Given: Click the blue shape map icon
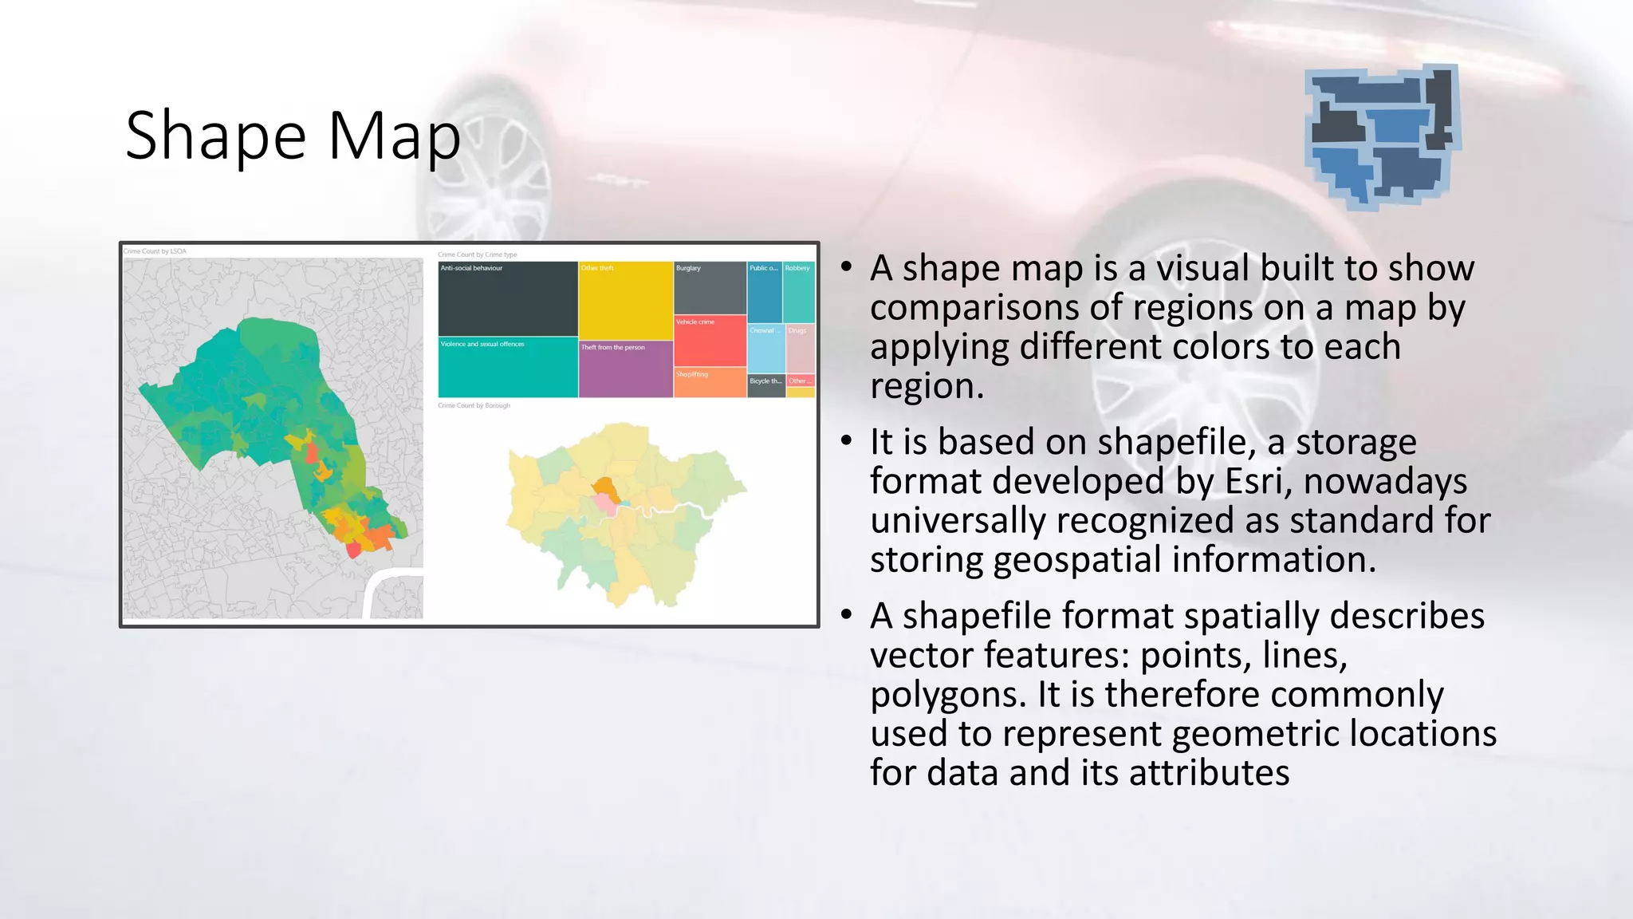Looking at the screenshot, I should click(1382, 136).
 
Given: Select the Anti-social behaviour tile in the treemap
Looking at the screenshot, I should click(507, 299).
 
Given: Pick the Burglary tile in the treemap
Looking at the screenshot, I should click(710, 288).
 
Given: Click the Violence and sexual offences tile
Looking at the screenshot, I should click(507, 368).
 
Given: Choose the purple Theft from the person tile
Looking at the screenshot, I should click(625, 369).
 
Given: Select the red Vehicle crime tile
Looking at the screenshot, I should click(710, 341).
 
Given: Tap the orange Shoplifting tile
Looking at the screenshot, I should click(710, 383).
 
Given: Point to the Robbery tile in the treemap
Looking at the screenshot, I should click(798, 292).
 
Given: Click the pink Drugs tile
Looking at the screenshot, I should click(800, 349).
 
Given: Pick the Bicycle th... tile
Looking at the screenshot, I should click(765, 385).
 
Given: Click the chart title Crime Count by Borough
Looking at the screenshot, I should click(474, 406).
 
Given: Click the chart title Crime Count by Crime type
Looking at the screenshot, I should click(477, 254).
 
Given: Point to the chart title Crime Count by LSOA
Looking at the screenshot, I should click(155, 251).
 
